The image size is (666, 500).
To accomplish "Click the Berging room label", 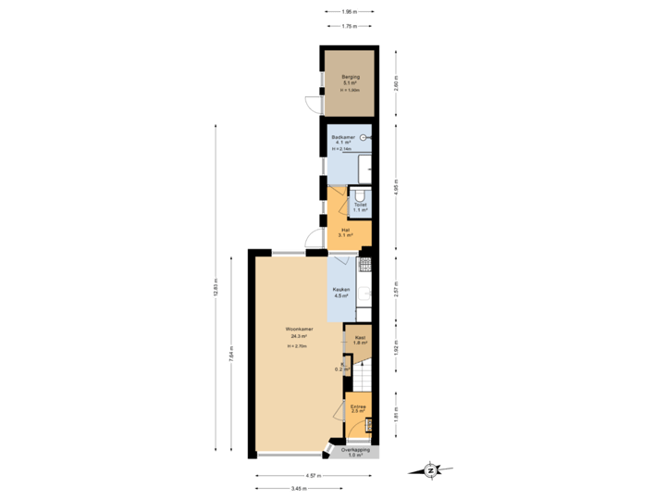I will (350, 77).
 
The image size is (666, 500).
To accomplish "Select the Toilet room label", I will (360, 206).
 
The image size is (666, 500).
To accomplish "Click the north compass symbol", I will (430, 470).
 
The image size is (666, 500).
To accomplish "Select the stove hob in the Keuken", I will (364, 265).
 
